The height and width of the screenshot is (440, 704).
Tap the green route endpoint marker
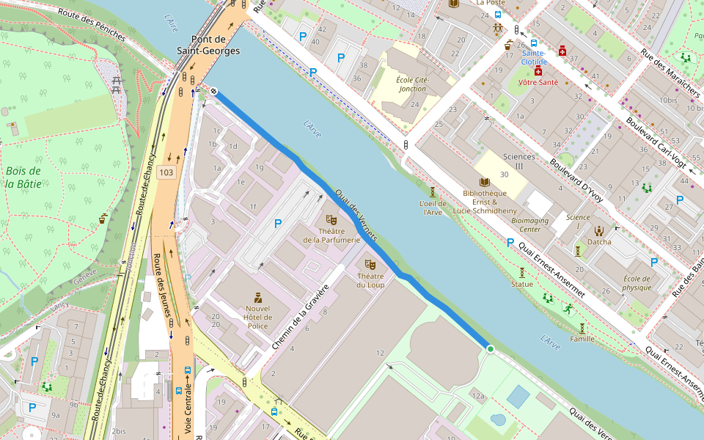[490, 349]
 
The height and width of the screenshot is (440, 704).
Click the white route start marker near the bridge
[214, 90]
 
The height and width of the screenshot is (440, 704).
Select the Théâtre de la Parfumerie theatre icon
[331, 219]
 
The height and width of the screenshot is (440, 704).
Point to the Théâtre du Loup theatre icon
[370, 263]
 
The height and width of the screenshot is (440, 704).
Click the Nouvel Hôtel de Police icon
[257, 297]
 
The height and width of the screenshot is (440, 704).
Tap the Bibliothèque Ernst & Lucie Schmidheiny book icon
[484, 182]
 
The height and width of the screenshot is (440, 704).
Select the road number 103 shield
[166, 172]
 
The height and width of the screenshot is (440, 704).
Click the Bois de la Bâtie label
[23, 177]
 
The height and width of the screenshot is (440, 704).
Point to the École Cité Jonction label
[412, 84]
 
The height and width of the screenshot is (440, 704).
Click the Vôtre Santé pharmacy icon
[538, 73]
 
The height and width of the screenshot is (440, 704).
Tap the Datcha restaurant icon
[599, 231]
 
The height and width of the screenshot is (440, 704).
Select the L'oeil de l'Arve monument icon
[433, 192]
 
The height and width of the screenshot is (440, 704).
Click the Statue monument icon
[522, 272]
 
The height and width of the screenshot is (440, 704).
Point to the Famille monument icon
[582, 328]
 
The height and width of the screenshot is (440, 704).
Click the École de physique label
[637, 283]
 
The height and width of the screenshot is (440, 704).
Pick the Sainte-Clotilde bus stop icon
[534, 43]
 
